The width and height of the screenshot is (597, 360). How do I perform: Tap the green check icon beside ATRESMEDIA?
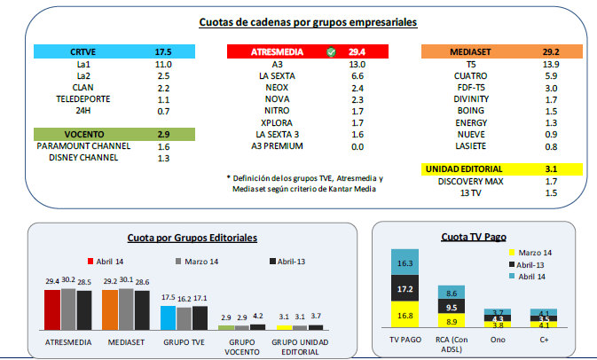click(x=330, y=52)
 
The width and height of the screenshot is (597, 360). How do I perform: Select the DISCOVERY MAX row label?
click(x=469, y=181)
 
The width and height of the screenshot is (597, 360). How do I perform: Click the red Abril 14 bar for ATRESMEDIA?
click(x=51, y=309)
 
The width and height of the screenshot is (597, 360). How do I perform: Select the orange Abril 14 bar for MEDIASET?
click(x=110, y=309)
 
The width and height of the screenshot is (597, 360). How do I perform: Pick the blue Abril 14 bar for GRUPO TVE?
click(x=168, y=317)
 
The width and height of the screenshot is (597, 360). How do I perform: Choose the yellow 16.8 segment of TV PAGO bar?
click(x=406, y=315)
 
